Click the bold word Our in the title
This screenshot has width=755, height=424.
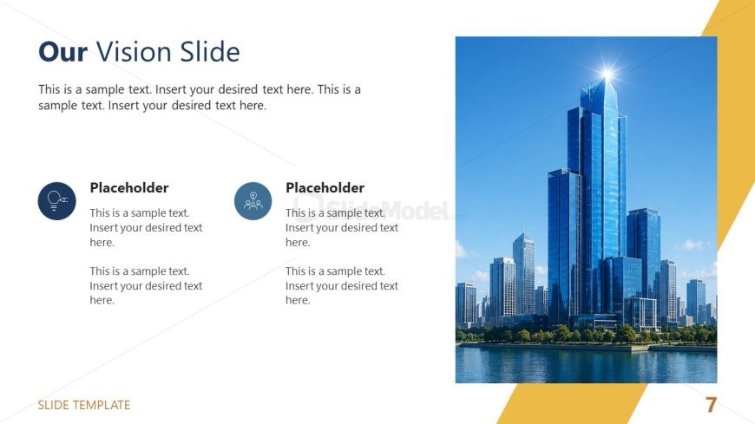62,52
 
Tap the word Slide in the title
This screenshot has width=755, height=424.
210,51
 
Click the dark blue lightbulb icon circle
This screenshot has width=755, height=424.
56,200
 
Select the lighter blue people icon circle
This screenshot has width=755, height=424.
253,200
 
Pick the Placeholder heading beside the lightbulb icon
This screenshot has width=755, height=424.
129,187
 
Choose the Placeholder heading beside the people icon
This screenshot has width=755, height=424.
325,187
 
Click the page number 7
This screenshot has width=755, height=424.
712,405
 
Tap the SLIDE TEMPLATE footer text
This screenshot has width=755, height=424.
84,405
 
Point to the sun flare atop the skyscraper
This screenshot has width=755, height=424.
607,74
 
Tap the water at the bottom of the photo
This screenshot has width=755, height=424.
586,365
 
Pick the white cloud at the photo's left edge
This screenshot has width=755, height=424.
462,249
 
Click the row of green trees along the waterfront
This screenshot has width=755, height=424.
586,334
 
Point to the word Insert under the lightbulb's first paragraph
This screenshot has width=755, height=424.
102,228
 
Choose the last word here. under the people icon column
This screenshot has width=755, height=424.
298,300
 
